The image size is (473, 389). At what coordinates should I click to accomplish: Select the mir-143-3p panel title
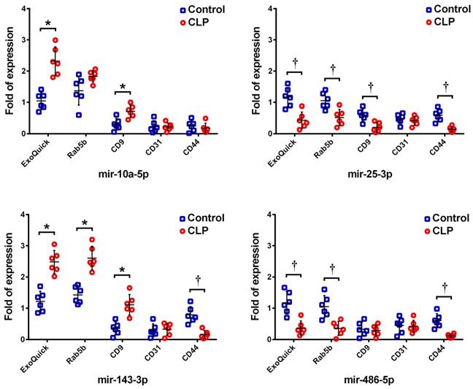[129, 381]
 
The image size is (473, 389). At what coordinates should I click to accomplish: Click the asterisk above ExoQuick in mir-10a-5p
[47, 24]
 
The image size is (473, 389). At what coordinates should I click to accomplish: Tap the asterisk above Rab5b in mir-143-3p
[84, 224]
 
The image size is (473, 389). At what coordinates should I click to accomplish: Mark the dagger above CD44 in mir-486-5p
[444, 287]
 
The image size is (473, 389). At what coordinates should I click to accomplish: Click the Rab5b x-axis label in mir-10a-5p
[82, 151]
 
